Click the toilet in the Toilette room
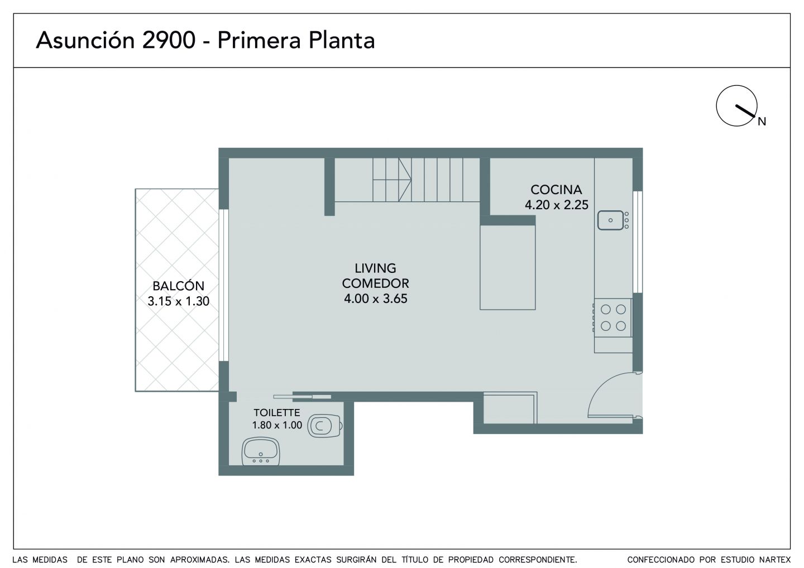coord(324,426)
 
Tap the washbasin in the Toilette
coord(261,452)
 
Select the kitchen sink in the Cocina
coord(613,220)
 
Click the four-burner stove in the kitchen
coord(612,317)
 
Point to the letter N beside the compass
coord(762,122)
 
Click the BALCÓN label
coord(179,286)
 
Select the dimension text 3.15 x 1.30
coord(179,301)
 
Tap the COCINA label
coord(556,190)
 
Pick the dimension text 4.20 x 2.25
coord(557,205)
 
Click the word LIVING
coord(375,268)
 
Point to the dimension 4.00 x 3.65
coord(376,299)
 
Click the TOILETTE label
coord(277,412)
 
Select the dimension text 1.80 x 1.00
coord(277,425)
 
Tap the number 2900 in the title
coord(169,40)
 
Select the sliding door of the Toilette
coord(302,397)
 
